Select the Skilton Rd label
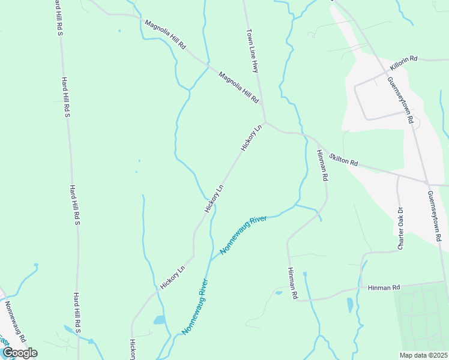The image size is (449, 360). (x=344, y=159)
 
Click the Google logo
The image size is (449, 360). (x=19, y=352)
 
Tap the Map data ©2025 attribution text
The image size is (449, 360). (x=423, y=355)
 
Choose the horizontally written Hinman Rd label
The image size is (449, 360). (x=384, y=288)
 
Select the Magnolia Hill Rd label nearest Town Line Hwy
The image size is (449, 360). (x=238, y=87)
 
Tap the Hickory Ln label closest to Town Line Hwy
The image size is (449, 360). (x=252, y=138)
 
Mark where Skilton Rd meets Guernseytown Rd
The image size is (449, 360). (x=426, y=182)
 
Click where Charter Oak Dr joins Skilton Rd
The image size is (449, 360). (x=397, y=176)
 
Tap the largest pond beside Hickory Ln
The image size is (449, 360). (x=159, y=320)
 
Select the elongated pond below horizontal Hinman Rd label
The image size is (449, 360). (x=350, y=305)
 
